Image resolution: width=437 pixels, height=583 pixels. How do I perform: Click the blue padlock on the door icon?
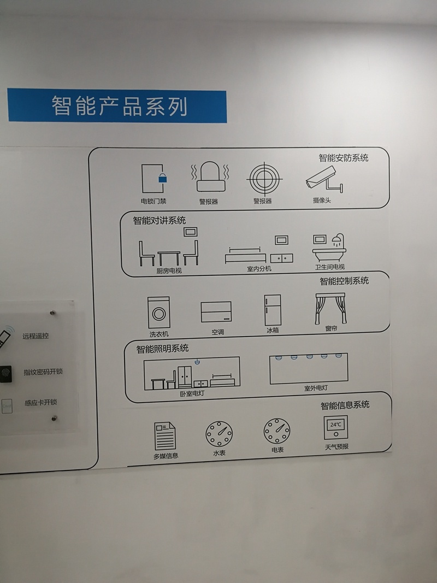162,178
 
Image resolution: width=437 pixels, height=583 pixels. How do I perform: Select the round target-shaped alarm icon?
264,179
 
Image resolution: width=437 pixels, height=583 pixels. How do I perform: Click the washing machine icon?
158,313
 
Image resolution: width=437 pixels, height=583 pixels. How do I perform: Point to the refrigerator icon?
273,310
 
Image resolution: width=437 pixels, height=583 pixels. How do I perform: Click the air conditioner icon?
216,311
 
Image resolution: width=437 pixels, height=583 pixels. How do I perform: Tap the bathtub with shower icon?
329,248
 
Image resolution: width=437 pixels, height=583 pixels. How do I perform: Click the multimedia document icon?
164,436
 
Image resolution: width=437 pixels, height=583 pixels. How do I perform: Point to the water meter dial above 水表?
219,434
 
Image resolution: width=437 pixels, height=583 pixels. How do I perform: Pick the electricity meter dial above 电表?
277,431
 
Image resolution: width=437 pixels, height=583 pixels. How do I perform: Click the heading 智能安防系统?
344,158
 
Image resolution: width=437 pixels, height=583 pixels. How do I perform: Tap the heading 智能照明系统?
162,349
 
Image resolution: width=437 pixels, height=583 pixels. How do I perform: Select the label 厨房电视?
169,270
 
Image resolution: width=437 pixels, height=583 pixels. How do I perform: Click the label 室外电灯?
316,388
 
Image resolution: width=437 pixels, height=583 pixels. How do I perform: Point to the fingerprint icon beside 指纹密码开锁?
5,373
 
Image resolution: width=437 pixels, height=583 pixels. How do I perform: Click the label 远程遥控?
36,335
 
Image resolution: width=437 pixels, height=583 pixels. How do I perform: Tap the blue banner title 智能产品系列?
119,106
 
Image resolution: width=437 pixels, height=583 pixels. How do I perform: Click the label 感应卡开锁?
41,402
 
